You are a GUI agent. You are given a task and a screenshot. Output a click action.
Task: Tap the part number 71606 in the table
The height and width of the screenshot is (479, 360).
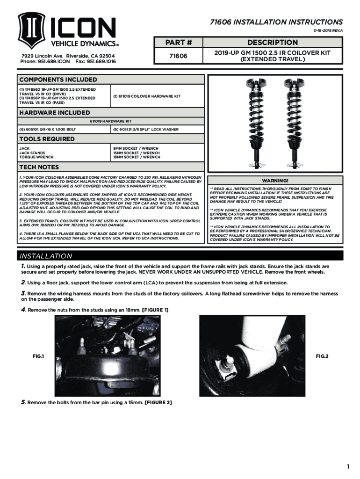pos(178,56)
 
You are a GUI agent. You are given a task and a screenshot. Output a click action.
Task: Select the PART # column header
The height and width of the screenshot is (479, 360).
pos(178,43)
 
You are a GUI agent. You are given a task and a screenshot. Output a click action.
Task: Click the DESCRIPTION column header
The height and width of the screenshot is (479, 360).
pos(273,43)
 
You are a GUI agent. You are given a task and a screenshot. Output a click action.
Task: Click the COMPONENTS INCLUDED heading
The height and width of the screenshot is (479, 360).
pos(51,79)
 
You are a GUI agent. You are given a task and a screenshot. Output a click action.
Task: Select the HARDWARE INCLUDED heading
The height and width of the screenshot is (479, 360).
pos(55,113)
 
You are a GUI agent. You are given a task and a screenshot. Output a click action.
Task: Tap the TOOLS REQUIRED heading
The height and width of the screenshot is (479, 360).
pos(47,139)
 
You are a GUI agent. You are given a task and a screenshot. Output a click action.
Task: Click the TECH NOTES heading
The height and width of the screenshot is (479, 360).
pos(39,167)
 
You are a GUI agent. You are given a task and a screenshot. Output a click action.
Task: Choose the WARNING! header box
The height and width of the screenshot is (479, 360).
pos(275,181)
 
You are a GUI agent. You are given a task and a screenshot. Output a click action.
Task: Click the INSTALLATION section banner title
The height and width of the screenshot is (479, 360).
pos(46,256)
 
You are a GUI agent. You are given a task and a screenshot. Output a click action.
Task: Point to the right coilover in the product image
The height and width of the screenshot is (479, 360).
pos(295,124)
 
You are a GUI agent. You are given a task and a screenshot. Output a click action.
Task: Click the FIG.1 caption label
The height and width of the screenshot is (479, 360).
pos(38,356)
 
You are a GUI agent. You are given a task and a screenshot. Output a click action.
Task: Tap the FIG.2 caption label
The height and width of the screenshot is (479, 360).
pos(322,356)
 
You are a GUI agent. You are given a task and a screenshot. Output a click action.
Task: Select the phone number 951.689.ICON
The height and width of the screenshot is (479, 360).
pos(46,61)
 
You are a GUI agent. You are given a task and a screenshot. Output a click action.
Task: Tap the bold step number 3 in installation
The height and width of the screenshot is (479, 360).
pos(22,293)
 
